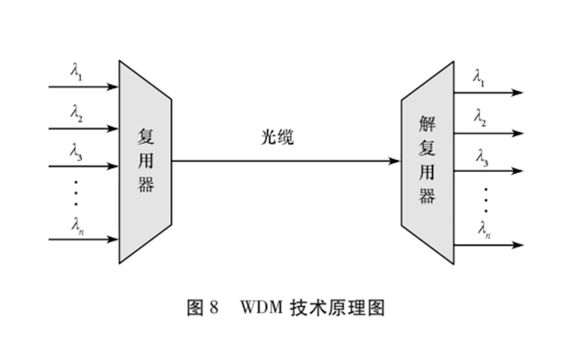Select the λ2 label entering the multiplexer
point(77,113)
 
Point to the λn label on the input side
point(77,225)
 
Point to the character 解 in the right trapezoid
point(428,122)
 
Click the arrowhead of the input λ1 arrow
point(113,87)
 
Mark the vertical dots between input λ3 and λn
point(77,192)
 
